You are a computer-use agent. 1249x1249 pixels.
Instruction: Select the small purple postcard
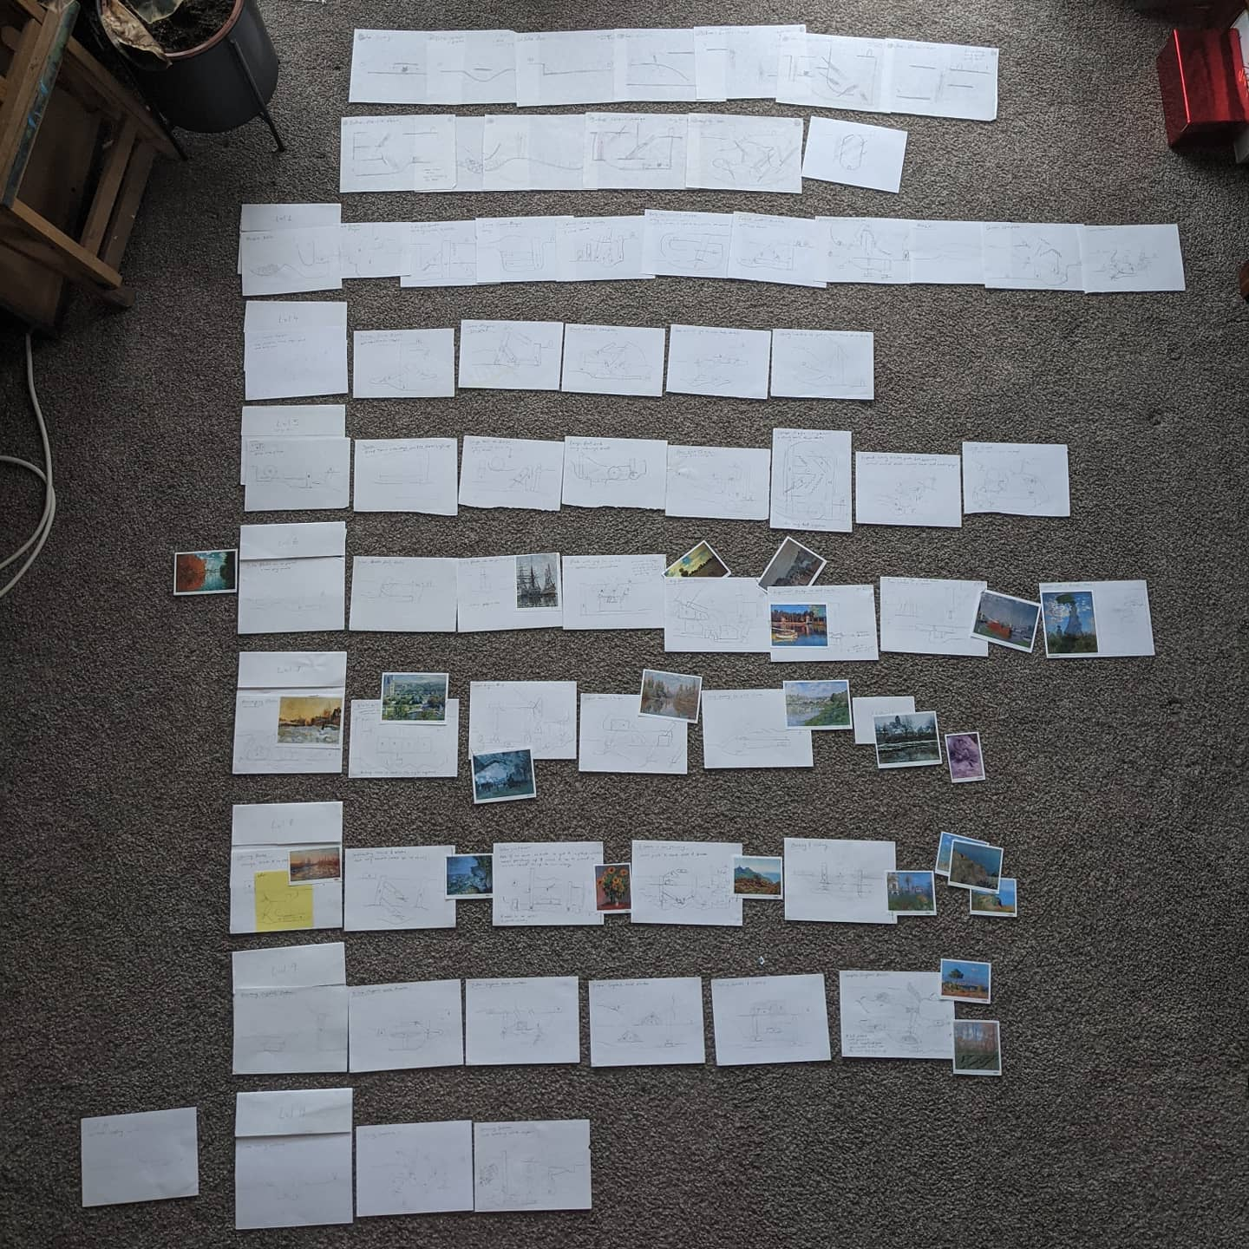tap(965, 756)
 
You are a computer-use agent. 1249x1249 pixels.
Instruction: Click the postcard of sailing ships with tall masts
tap(535, 580)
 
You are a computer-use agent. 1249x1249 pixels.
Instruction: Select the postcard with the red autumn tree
tap(205, 572)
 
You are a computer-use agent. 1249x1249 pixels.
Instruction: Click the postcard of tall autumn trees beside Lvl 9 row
tap(976, 1048)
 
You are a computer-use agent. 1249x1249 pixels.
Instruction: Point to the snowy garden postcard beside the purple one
tap(907, 739)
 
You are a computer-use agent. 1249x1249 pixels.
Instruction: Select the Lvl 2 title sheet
tap(289, 217)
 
